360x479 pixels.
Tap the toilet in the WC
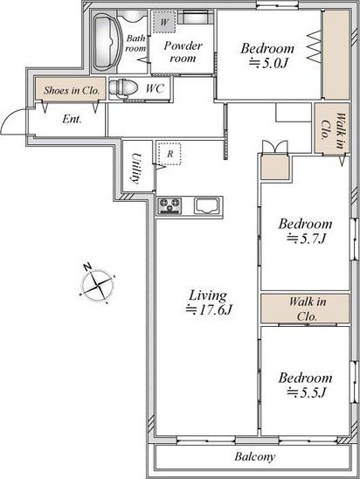tap(123, 88)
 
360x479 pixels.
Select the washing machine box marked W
tap(164, 22)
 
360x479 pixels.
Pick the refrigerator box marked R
tap(170, 154)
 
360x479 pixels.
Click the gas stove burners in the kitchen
tap(170, 205)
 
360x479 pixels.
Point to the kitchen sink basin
tap(207, 206)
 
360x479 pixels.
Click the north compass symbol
tap(97, 284)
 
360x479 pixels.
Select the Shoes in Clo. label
tap(72, 90)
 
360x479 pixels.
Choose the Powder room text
tap(183, 52)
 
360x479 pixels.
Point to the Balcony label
tap(255, 456)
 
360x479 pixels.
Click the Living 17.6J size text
tap(209, 302)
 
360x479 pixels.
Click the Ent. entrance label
tap(72, 119)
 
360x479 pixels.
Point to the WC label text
tap(156, 88)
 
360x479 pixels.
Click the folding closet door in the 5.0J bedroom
tap(315, 46)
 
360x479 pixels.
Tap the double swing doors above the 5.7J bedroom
tap(275, 147)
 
